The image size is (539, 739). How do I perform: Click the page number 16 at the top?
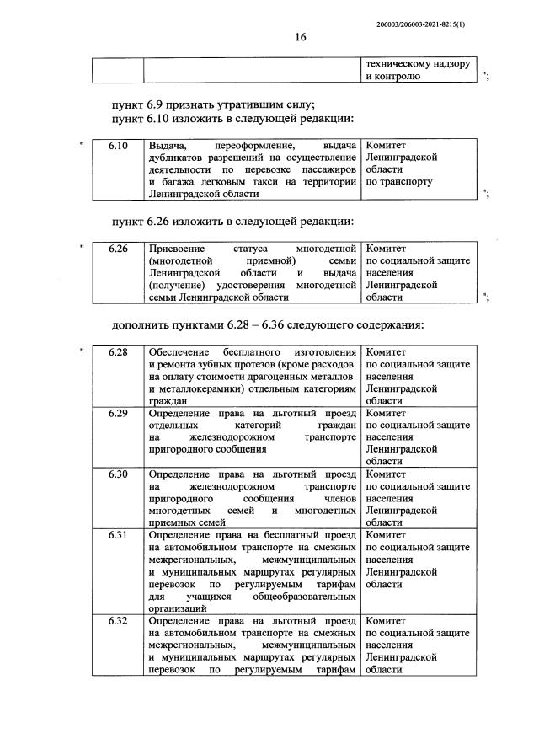pos(302,38)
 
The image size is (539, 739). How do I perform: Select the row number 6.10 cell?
pos(117,146)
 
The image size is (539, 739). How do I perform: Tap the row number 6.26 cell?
pos(117,249)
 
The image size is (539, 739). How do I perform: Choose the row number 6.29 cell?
pos(117,414)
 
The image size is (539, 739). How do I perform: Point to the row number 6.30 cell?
pos(117,474)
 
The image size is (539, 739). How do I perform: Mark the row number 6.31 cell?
pos(117,535)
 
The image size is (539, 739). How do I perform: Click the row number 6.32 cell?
pos(117,621)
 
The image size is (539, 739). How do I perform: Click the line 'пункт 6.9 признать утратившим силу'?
pos(213,104)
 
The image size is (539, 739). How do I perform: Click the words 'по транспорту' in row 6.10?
pos(399,181)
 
